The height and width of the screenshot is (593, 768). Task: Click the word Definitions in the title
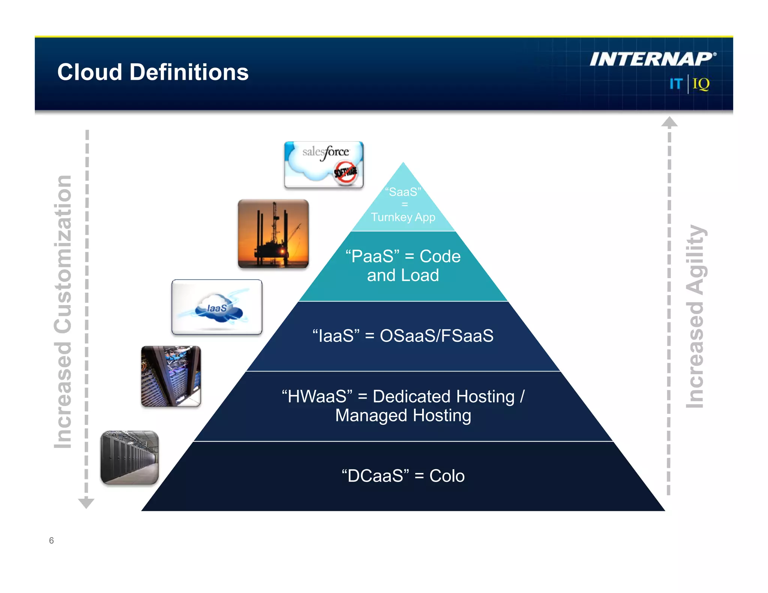tap(189, 72)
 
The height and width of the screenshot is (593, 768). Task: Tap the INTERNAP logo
tap(652, 59)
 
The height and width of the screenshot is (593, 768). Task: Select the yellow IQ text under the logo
tap(701, 84)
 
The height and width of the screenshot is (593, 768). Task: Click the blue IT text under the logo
tap(676, 84)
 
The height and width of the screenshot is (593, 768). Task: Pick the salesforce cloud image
tap(323, 165)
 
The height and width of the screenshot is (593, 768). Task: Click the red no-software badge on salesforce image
tap(345, 173)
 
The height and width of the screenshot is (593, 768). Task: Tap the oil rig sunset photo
tap(273, 234)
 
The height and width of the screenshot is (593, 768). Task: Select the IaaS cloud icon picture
tap(217, 307)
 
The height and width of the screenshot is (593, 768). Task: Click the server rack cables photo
tap(171, 376)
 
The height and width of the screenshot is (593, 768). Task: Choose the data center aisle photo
tap(130, 457)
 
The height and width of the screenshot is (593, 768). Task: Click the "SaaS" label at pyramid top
tap(403, 192)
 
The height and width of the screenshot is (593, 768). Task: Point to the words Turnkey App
tap(403, 217)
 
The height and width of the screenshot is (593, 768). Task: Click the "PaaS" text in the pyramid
tap(372, 256)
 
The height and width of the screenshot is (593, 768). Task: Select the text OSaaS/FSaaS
tap(436, 335)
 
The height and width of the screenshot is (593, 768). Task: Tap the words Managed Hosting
tap(403, 415)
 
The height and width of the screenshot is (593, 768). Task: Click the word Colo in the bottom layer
tap(447, 476)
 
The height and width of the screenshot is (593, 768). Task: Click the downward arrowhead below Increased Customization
tap(86, 503)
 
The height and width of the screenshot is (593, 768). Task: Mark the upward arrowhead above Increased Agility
tap(669, 122)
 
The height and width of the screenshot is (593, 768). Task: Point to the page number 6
tap(51, 540)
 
